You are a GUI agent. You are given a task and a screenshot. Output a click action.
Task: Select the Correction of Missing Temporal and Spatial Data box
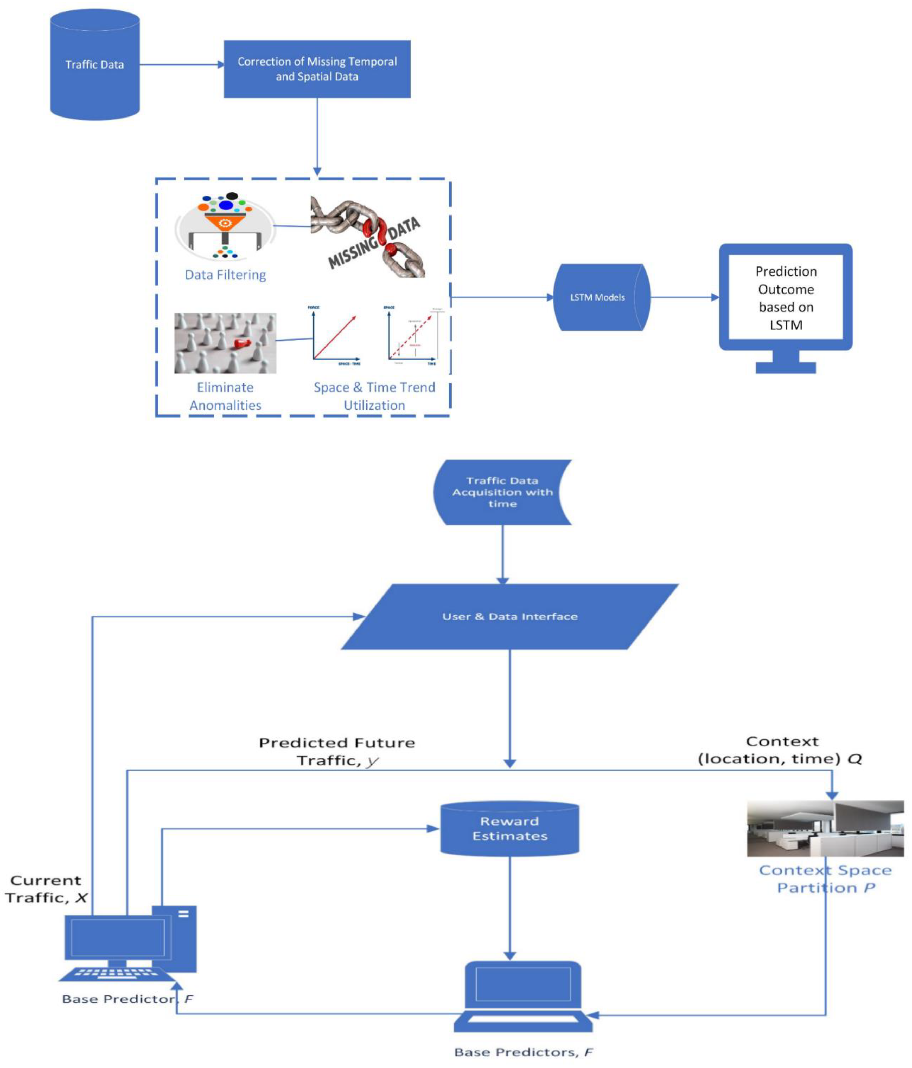pos(317,69)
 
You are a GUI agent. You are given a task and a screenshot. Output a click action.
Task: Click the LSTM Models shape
pos(598,297)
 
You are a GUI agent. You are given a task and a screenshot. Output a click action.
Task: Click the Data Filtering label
pos(225,275)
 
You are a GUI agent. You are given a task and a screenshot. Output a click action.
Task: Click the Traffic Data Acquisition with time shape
pos(502,492)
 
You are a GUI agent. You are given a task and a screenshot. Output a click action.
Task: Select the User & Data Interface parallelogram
pos(510,616)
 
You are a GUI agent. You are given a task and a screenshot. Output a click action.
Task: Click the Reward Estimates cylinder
pos(510,829)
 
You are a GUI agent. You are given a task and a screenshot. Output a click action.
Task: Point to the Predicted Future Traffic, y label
pos(337,751)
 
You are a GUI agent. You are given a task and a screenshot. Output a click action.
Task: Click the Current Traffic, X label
pos(46,889)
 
